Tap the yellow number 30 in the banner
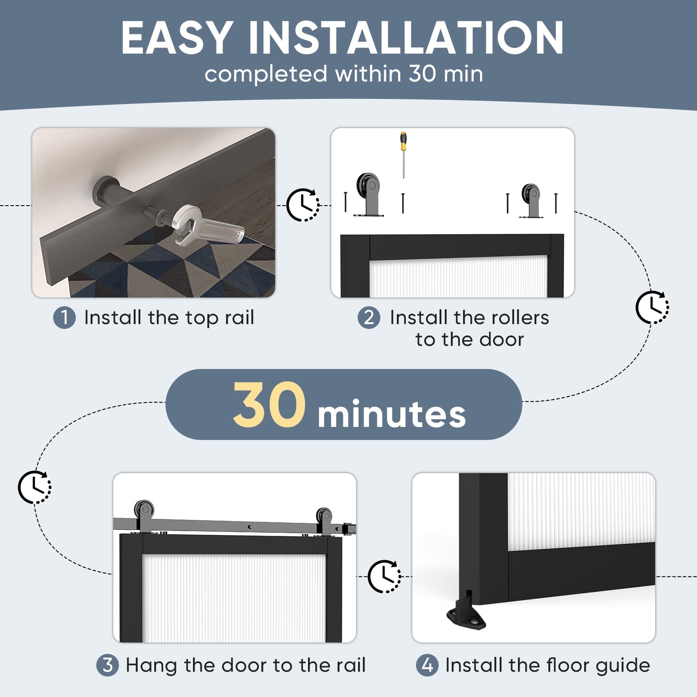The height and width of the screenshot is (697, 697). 269,405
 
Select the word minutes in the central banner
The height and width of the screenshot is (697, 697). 392,413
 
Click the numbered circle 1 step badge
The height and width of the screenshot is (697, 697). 64,317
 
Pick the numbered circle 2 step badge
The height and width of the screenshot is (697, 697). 369,317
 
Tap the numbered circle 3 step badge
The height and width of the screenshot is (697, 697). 108,665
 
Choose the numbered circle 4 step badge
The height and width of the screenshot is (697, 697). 427,665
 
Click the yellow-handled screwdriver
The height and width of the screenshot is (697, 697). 403,155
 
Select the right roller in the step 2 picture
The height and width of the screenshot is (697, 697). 531,200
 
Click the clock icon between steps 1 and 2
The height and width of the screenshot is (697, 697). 303,205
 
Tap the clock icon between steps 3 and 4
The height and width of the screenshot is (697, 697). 385,576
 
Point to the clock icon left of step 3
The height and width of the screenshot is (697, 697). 34,487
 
